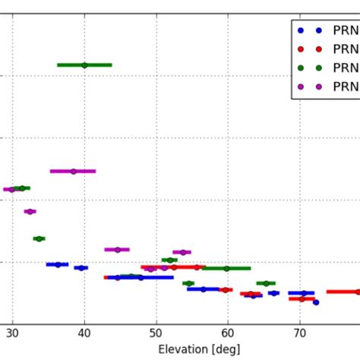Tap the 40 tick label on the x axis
point(84,333)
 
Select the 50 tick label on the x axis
point(156,333)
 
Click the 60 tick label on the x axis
point(227,333)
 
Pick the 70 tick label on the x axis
point(299,333)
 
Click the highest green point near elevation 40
point(84,65)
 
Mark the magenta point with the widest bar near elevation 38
point(73,171)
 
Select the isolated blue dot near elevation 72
point(316,302)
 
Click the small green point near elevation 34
point(39,238)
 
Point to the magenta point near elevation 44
point(117,249)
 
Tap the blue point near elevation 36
point(58,264)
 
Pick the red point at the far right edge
point(357,292)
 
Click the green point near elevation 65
point(266,283)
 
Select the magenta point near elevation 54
point(182,252)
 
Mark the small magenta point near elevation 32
point(30,211)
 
